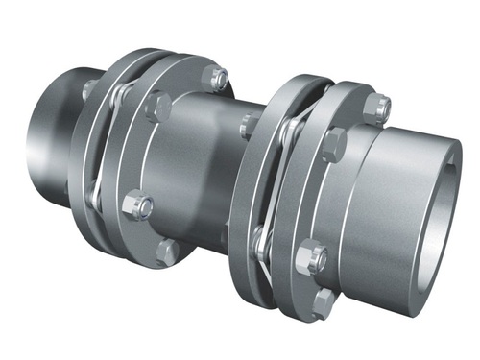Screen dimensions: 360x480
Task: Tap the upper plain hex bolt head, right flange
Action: click(333, 143)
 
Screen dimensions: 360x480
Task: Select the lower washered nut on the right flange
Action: click(310, 257)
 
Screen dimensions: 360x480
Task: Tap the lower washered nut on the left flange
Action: click(139, 204)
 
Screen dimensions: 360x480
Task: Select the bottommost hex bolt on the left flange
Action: click(169, 252)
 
